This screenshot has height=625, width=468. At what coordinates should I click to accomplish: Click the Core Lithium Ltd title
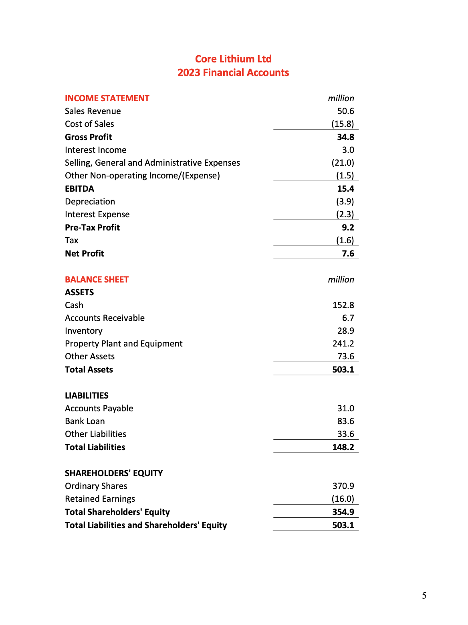(x=233, y=59)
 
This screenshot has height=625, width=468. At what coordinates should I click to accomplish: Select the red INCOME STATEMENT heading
(x=107, y=98)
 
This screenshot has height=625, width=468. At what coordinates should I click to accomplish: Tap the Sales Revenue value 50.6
(x=345, y=111)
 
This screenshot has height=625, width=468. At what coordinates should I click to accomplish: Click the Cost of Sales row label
(x=89, y=124)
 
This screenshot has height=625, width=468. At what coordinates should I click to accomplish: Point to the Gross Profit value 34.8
(x=345, y=137)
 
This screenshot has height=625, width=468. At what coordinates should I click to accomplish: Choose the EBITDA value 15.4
(x=345, y=188)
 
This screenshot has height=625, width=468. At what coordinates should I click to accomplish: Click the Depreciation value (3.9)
(x=345, y=201)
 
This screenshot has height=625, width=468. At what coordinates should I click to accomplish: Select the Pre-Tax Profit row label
(x=92, y=227)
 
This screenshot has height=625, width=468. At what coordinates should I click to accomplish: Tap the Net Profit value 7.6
(x=348, y=253)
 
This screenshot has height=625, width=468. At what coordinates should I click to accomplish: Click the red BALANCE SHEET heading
(x=97, y=279)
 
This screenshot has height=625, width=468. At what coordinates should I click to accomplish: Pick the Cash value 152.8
(x=343, y=305)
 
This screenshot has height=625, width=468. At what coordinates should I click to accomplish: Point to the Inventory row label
(x=84, y=331)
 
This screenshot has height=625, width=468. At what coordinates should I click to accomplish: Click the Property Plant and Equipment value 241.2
(x=343, y=343)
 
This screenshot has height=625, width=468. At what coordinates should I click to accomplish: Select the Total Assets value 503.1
(x=343, y=369)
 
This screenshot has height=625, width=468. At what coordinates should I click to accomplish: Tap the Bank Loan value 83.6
(x=345, y=421)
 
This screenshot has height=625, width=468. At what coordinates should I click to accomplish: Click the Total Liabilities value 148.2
(x=343, y=447)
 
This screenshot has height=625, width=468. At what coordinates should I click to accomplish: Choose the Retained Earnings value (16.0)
(x=343, y=499)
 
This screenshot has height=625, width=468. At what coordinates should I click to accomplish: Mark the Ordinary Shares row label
(x=96, y=486)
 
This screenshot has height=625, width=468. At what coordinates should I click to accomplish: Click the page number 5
(x=424, y=595)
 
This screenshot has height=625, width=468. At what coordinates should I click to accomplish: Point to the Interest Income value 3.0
(x=348, y=150)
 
